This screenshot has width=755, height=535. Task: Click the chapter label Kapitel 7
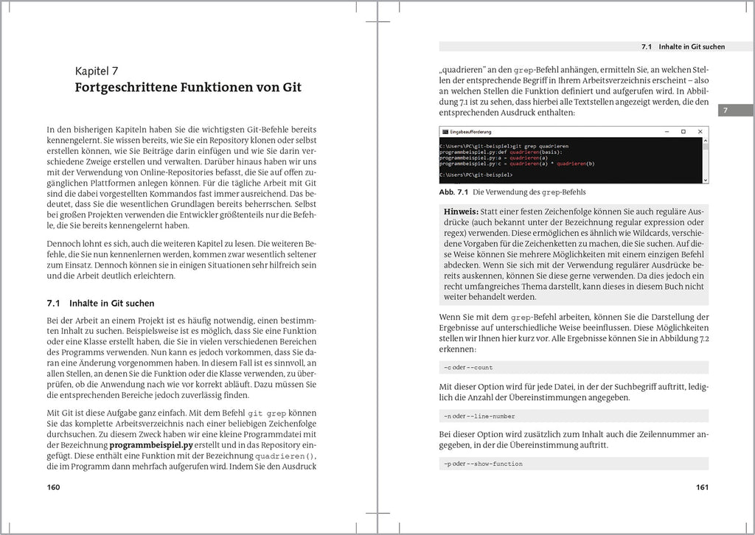click(x=97, y=71)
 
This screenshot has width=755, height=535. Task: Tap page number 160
click(x=53, y=487)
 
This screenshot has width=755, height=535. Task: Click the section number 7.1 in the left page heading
click(x=53, y=303)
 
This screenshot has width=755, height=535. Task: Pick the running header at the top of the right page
click(x=683, y=46)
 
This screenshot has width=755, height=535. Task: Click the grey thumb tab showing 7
click(x=727, y=111)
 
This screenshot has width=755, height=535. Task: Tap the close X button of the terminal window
click(x=700, y=131)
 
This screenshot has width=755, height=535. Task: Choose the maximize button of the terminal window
click(x=683, y=131)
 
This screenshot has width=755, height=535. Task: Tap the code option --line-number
click(x=492, y=416)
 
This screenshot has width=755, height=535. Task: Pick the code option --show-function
click(x=495, y=464)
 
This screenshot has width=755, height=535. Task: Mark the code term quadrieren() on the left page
click(x=284, y=455)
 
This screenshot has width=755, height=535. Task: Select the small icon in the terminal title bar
click(x=444, y=131)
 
